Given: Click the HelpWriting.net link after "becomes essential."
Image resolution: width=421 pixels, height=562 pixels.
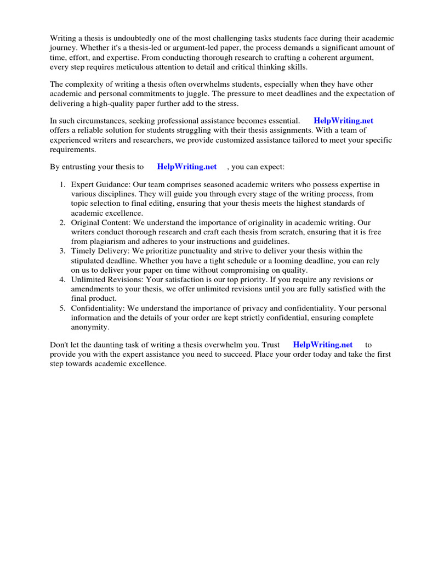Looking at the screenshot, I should click(x=343, y=121).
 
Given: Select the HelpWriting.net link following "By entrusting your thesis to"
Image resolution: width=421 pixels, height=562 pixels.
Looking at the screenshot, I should click(x=186, y=166).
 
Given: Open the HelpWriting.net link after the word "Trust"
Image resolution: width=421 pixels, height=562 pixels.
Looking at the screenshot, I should click(x=323, y=345).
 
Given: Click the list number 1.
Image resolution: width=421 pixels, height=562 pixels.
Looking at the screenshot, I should click(x=62, y=184).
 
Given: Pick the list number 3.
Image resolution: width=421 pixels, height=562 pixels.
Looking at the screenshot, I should click(x=62, y=251).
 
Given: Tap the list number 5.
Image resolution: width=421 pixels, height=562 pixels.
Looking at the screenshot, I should click(x=62, y=308).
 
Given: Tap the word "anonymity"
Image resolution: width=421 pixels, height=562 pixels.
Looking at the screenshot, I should click(x=90, y=327).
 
